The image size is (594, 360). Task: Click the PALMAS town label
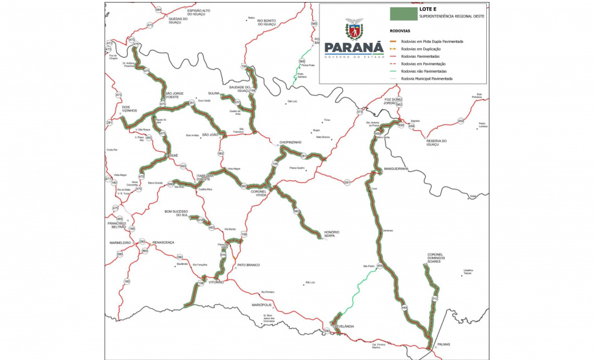pyautogui.click(x=444, y=344)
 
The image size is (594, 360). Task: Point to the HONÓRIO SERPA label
pyautogui.click(x=331, y=234)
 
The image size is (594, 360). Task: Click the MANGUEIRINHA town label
pyautogui.click(x=395, y=169)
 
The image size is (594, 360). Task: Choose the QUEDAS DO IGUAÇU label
pyautogui.click(x=178, y=19)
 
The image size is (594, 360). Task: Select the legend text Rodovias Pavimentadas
pyautogui.click(x=423, y=56)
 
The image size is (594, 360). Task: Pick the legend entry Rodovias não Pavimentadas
pyautogui.click(x=427, y=71)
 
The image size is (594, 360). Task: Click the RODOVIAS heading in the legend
pyautogui.click(x=399, y=30)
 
